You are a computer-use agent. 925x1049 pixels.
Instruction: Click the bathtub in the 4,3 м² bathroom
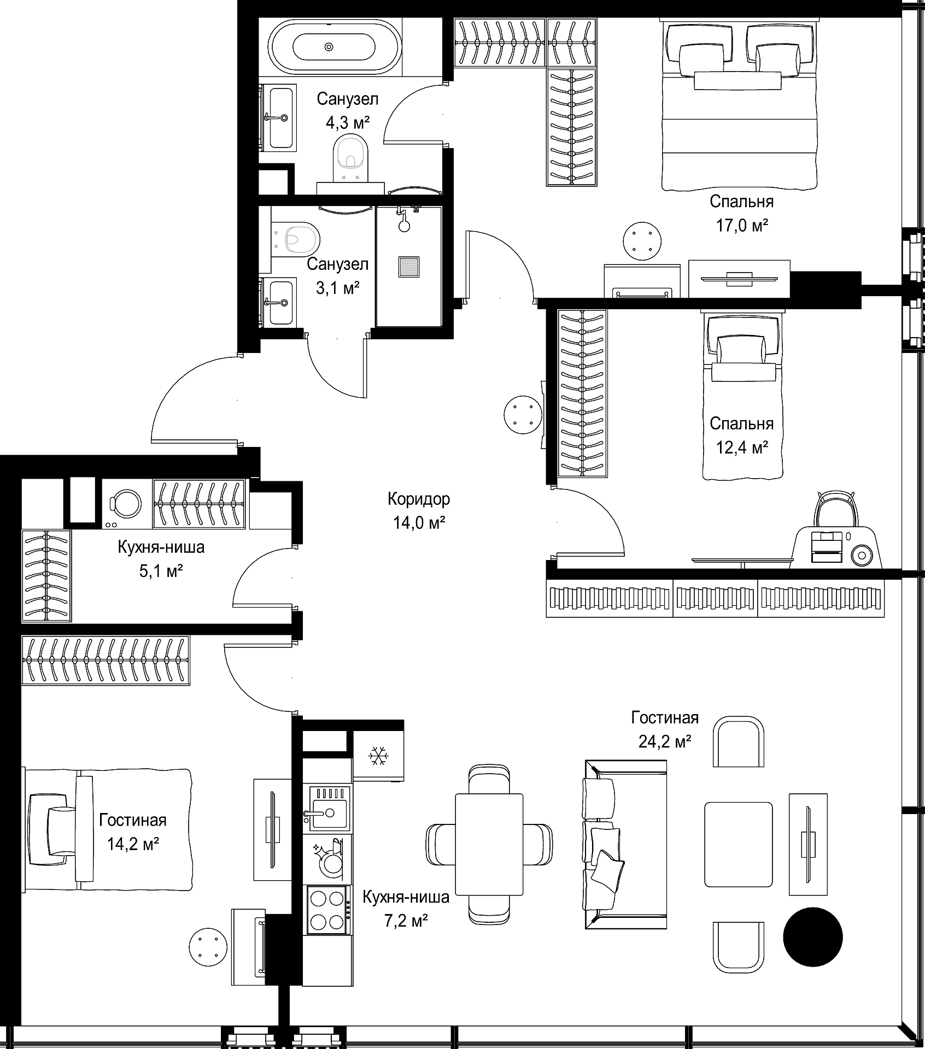[334, 47]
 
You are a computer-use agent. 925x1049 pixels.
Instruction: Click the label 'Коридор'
[419, 499]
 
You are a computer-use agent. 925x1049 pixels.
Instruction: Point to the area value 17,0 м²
[741, 226]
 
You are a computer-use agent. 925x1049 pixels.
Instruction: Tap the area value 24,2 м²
[664, 741]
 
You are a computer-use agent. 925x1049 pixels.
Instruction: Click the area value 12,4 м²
[741, 448]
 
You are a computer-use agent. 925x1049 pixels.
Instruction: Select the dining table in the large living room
[489, 844]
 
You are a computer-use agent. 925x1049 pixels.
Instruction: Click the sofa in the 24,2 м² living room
[624, 844]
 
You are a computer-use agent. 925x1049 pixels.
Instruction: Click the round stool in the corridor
[523, 415]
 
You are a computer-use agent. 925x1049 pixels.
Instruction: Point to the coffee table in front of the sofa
[738, 844]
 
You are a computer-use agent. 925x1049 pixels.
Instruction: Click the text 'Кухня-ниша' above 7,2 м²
[406, 897]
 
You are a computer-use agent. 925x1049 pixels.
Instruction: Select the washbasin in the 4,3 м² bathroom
[279, 117]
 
